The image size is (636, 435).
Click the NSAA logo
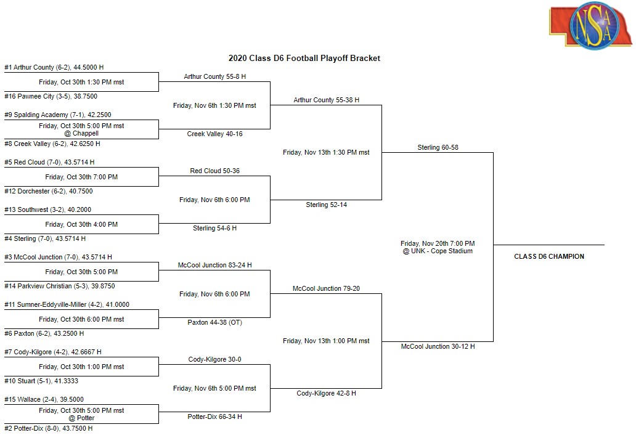tap(590, 25)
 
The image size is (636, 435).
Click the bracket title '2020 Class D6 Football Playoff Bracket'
tap(304, 59)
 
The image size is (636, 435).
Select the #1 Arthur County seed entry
tap(54, 67)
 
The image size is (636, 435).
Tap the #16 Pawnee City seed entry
tap(51, 97)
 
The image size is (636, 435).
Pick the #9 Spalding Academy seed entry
tap(57, 115)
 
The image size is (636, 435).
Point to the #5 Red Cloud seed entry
tap(49, 162)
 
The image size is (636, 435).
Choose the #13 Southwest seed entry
tap(47, 209)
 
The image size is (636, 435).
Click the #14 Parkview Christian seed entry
tap(60, 287)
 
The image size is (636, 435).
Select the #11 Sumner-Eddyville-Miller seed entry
tap(67, 304)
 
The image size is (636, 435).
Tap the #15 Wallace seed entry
tap(44, 399)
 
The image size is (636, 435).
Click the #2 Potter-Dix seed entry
tap(48, 428)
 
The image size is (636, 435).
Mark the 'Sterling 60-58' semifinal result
tap(438, 148)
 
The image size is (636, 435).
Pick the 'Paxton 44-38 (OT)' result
tap(214, 323)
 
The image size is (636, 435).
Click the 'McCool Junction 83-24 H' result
tap(214, 265)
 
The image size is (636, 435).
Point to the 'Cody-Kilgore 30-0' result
tap(214, 360)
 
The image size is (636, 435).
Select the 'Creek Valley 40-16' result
tap(214, 134)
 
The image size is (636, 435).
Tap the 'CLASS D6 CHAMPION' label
tap(549, 256)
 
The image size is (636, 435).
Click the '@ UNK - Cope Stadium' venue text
tap(438, 251)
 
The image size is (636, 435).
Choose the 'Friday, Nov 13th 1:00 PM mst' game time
tap(326, 341)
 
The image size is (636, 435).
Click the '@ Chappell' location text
tap(81, 133)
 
